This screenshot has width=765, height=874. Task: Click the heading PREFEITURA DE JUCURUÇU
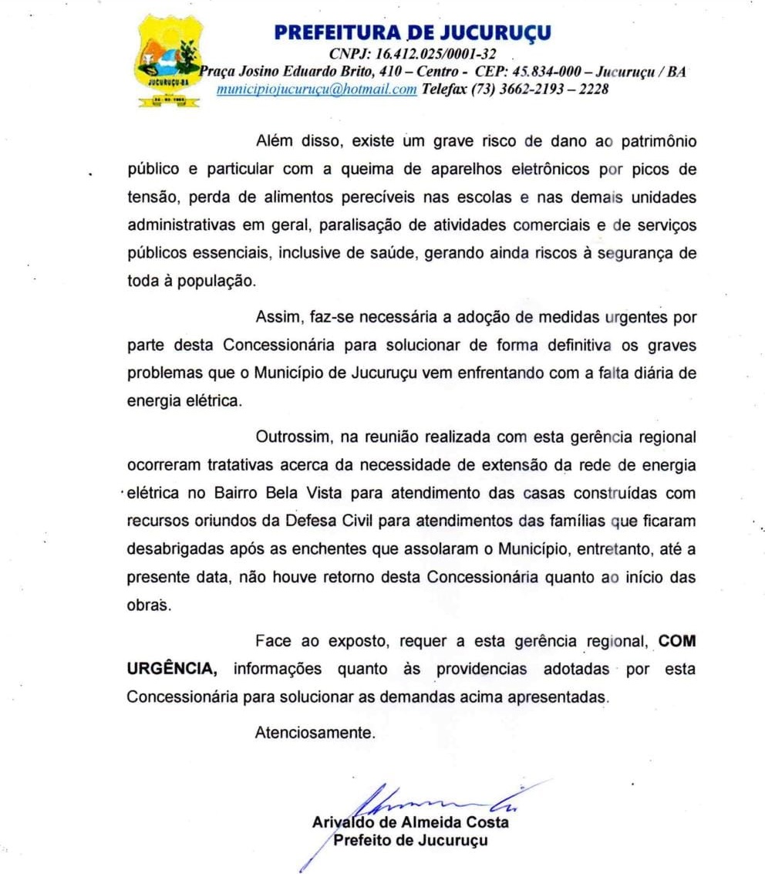pyautogui.click(x=413, y=32)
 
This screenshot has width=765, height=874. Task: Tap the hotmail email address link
pyautogui.click(x=317, y=89)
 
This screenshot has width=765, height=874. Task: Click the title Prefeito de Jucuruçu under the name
pyautogui.click(x=409, y=840)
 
